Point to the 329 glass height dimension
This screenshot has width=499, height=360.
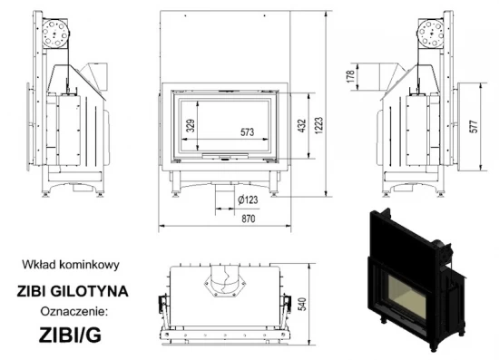pos(190,126)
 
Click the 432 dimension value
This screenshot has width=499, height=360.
pos(301,128)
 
